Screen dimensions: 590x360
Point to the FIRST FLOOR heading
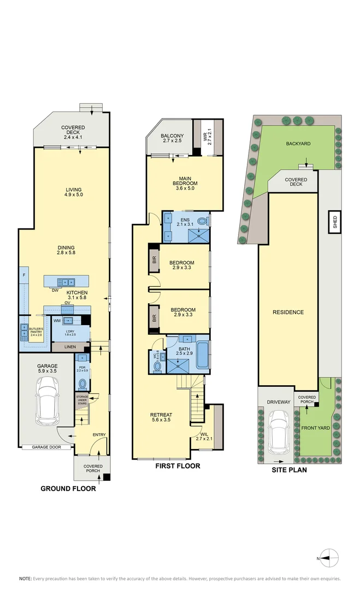point(178,466)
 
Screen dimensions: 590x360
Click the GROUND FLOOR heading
point(68,489)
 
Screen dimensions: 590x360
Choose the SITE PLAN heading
point(289,469)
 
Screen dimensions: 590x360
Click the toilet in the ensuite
point(203,222)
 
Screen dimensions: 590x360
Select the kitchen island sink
point(68,282)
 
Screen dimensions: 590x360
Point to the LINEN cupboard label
point(70,347)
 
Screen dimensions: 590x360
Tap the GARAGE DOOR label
point(46,447)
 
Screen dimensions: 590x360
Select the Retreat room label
point(161,418)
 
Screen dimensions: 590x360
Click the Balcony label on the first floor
point(172,139)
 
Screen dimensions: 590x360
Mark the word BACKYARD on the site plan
point(298,144)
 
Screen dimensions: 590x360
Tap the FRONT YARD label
point(316,428)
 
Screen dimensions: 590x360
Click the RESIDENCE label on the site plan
point(288,312)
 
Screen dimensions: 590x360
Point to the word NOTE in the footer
point(25,578)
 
